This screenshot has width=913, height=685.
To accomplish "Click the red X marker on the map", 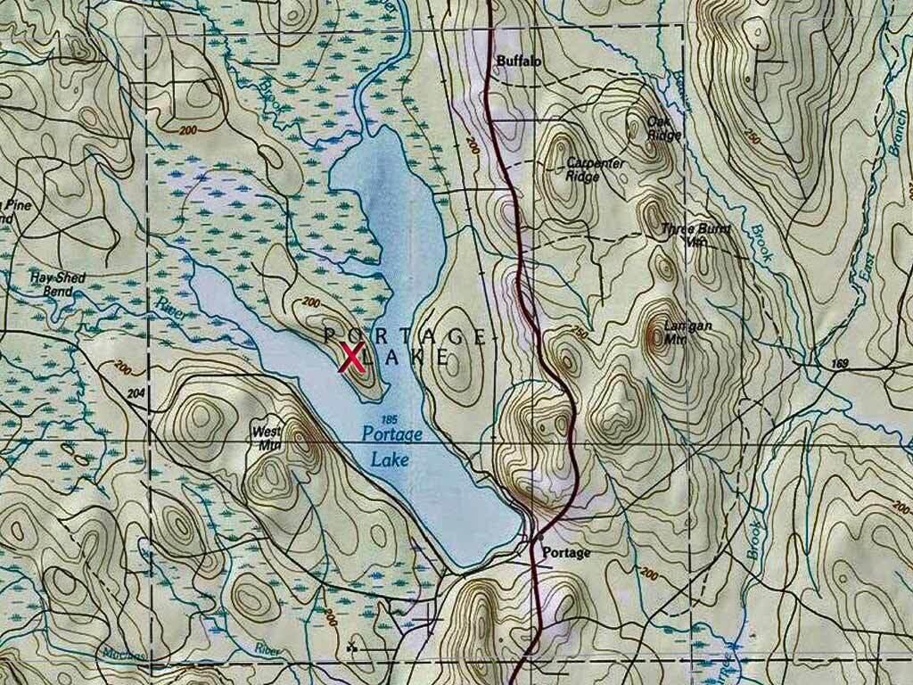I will coord(352,359).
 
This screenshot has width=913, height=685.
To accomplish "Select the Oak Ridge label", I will coord(664,128).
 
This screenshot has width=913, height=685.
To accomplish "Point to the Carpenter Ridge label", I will coord(595,169).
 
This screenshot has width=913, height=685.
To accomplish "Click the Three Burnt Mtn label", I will coord(695,235).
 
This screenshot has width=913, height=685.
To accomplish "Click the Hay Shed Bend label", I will coord(57,284).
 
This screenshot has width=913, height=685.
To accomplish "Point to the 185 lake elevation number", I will coord(387,418).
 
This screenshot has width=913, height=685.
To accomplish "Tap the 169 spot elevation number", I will coord(837,363).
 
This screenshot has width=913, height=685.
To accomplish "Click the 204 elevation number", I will coord(136,392).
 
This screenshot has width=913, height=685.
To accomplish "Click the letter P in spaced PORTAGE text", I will coord(329,335).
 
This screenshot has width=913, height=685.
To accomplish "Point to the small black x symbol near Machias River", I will coord(351,647).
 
